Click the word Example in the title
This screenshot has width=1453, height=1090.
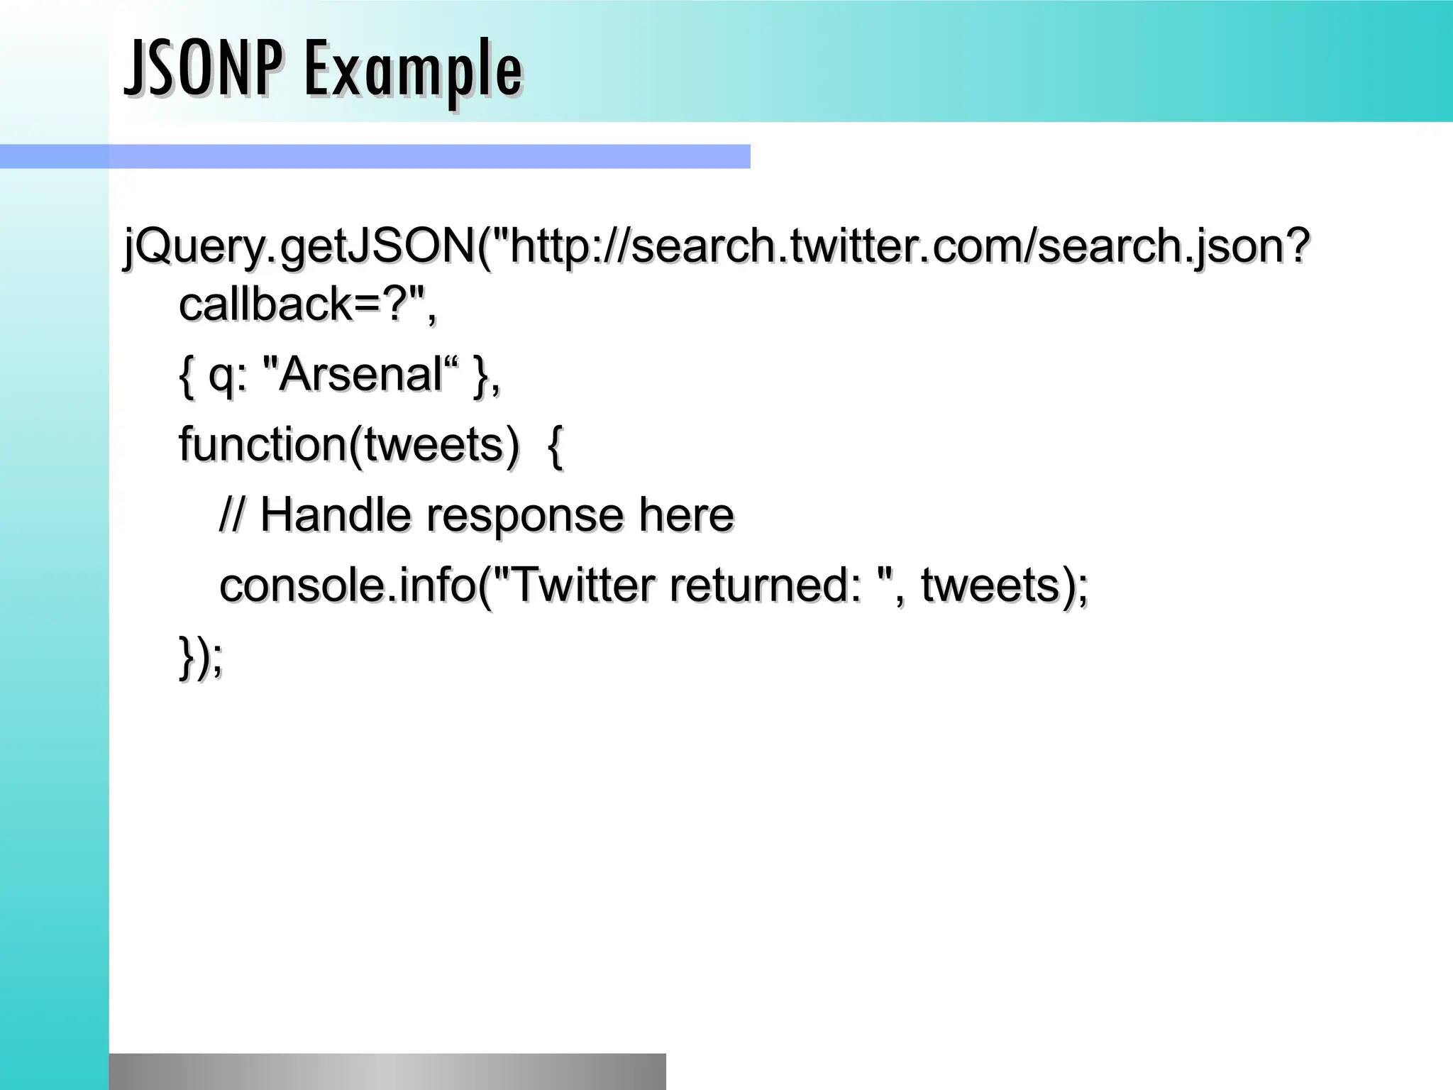click(x=414, y=71)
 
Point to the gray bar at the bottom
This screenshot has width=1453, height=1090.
click(x=387, y=1071)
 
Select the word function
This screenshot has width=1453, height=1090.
click(x=262, y=444)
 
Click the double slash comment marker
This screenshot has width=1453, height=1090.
click(x=231, y=514)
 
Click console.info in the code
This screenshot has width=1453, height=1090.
click(x=347, y=585)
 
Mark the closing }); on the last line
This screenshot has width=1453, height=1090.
click(x=201, y=657)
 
